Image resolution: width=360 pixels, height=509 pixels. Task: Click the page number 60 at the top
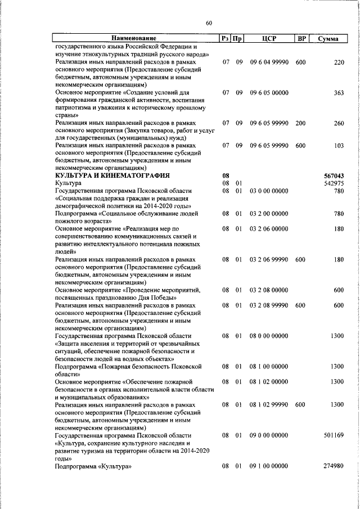click(x=209, y=23)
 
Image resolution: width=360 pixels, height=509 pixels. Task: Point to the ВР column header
click(x=301, y=39)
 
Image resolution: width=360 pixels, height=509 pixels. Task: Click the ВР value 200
click(x=300, y=123)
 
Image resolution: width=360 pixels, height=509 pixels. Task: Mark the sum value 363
click(x=338, y=92)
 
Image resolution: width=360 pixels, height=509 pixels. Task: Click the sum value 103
click(x=338, y=146)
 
